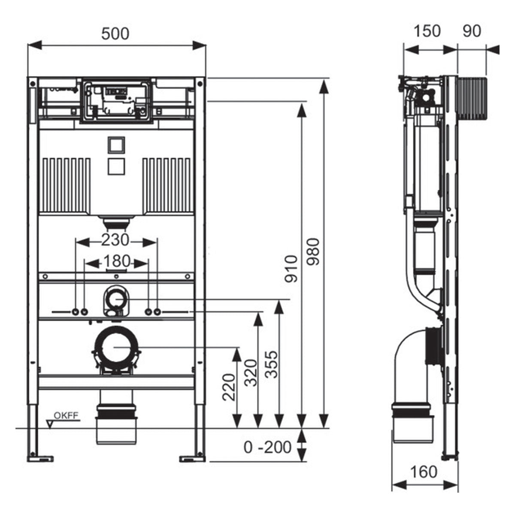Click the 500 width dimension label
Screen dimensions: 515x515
click(115, 33)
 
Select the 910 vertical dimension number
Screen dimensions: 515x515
click(291, 269)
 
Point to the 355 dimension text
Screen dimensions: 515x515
click(270, 365)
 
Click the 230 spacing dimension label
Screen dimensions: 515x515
click(115, 240)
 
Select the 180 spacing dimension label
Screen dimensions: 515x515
click(117, 261)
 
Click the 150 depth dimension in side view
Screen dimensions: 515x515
click(427, 31)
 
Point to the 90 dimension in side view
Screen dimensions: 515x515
click(472, 31)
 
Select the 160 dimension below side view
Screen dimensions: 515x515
click(423, 472)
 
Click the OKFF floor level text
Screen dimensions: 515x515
click(67, 415)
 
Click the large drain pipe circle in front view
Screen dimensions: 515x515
click(116, 347)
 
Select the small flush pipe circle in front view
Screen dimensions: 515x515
click(115, 298)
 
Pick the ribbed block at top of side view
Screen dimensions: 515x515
click(473, 99)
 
